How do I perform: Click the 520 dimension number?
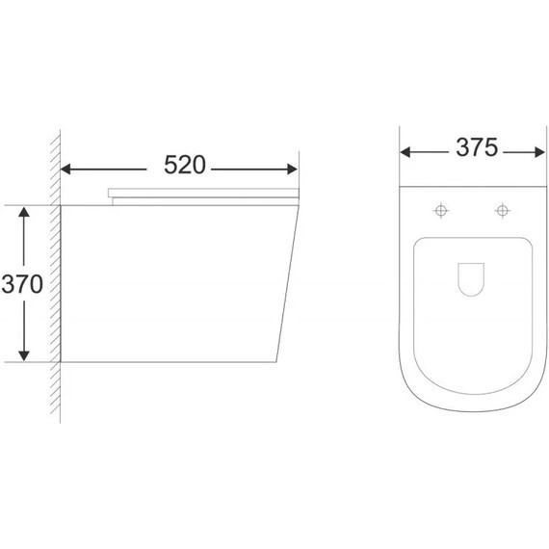click(x=184, y=166)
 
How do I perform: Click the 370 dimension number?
click(x=22, y=286)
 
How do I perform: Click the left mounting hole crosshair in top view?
click(x=442, y=210)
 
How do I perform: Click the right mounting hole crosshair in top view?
click(x=502, y=210)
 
